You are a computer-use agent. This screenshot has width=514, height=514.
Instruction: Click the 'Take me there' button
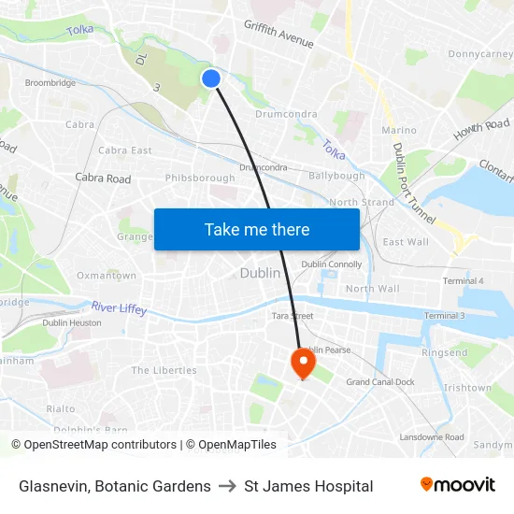(x=257, y=229)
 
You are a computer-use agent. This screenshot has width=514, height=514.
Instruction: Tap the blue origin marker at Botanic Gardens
(x=211, y=79)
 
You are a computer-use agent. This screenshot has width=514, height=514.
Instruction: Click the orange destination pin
(x=304, y=362)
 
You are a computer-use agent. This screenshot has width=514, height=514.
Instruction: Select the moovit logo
(x=458, y=485)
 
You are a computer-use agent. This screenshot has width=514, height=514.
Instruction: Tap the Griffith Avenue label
(x=278, y=34)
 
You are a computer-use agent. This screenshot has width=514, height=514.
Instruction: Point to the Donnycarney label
(x=480, y=54)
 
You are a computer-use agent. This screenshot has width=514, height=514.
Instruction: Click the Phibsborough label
(x=200, y=178)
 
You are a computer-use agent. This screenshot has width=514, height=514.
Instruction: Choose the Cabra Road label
(x=103, y=178)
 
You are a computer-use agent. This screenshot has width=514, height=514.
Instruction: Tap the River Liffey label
(x=119, y=307)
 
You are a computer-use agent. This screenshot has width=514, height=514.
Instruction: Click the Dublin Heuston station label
(x=72, y=322)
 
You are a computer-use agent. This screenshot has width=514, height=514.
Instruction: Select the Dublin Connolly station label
(x=331, y=264)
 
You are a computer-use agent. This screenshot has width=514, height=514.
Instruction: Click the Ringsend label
(x=445, y=353)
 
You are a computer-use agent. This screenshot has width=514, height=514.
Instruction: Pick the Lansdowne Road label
(x=432, y=436)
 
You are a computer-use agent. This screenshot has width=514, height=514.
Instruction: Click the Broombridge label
(x=50, y=83)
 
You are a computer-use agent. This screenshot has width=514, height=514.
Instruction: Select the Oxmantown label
(x=107, y=276)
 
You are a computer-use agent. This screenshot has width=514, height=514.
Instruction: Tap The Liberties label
(x=164, y=370)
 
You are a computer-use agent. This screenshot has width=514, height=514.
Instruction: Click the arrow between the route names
(x=227, y=486)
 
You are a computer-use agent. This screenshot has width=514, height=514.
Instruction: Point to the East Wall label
(x=406, y=242)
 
